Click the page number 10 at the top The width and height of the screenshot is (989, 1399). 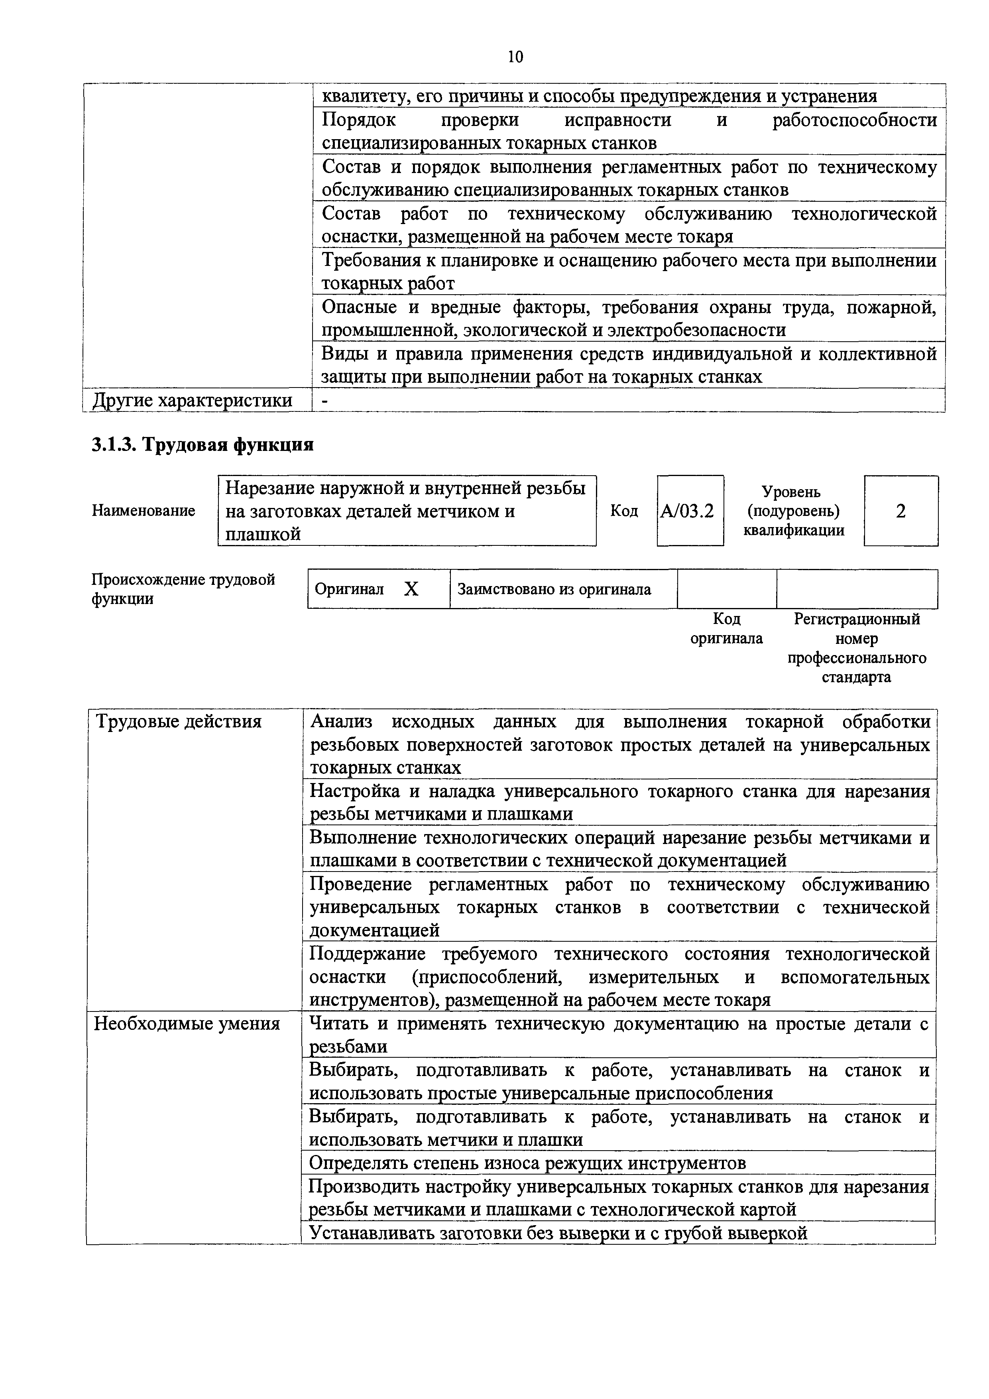515,57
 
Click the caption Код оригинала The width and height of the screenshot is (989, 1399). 726,628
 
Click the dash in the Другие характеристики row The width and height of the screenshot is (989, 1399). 324,400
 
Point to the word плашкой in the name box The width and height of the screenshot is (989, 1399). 263,534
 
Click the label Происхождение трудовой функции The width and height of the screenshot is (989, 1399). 183,588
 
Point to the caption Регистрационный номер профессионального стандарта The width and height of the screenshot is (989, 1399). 857,648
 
